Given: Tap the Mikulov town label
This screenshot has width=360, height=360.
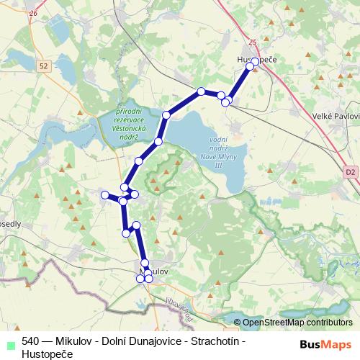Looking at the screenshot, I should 153,271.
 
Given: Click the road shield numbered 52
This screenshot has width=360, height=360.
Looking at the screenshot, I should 44,66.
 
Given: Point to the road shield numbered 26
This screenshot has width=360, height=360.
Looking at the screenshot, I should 31,14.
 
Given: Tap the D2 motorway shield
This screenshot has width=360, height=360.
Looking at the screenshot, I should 350,172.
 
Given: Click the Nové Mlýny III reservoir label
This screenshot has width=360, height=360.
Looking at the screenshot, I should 218,152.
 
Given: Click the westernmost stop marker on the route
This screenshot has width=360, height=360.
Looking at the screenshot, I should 105,194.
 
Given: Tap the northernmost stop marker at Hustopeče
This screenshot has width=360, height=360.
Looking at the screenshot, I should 256,61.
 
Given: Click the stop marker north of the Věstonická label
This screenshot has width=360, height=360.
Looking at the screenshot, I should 167,114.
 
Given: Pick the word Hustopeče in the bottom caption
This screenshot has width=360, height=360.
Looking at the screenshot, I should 47,353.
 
